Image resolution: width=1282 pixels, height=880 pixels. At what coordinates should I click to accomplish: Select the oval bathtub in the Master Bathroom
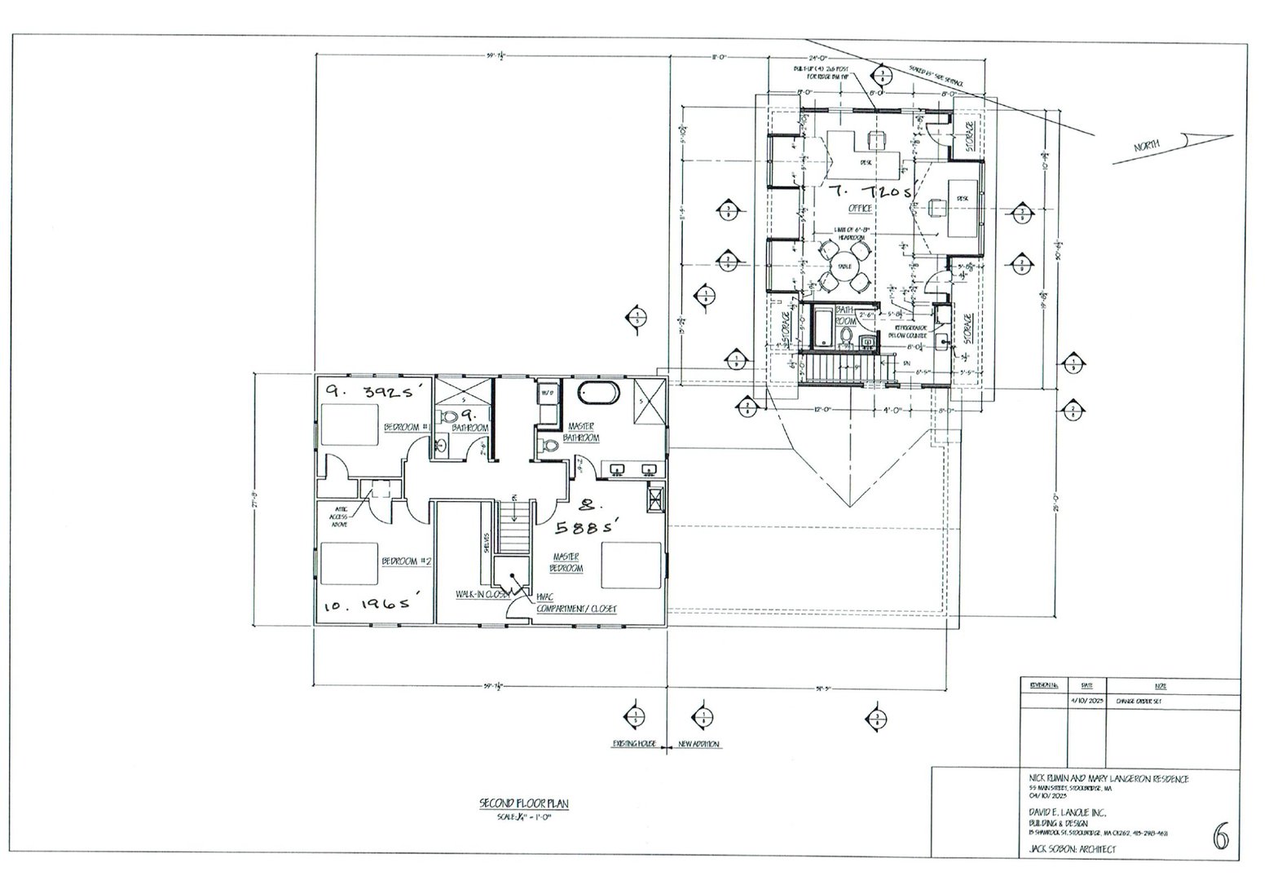(599, 393)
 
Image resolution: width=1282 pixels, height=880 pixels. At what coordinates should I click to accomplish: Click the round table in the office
(842, 265)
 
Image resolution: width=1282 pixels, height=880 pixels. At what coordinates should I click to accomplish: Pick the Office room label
(860, 209)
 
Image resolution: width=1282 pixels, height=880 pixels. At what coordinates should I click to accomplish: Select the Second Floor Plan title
(523, 803)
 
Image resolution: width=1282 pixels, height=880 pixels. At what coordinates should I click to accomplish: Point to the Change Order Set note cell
(1133, 700)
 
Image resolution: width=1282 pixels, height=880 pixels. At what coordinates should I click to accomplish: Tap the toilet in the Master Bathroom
(549, 446)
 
